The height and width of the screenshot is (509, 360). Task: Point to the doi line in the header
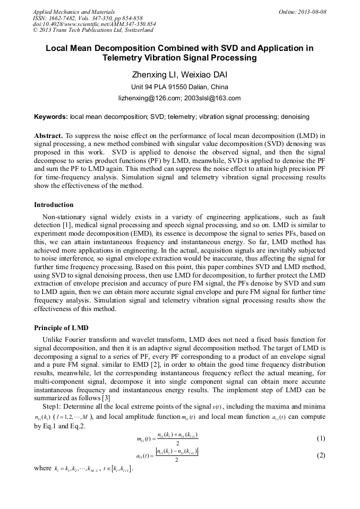[94, 24]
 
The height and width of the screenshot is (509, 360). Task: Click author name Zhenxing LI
[154, 74]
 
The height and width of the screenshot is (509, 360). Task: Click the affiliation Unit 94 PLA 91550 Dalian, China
[179, 87]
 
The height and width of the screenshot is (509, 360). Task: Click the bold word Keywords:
[51, 116]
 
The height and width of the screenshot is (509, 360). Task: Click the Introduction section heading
[54, 205]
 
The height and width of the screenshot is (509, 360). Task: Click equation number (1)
[321, 438]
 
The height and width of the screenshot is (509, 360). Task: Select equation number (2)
[321, 455]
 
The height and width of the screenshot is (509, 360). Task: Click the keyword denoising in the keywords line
[295, 116]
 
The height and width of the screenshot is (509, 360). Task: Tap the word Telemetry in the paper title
[124, 57]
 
